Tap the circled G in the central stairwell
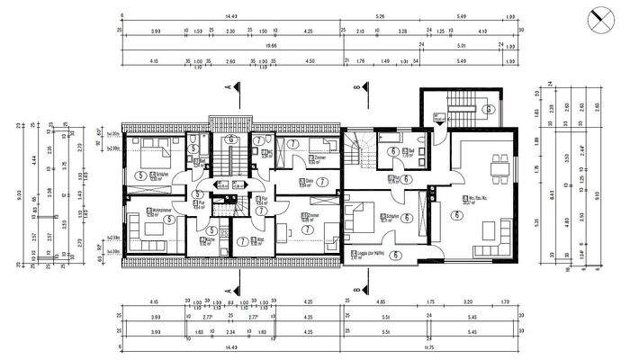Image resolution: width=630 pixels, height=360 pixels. pos(230,140)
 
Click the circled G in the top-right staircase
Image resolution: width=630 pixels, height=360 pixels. pos(487,110)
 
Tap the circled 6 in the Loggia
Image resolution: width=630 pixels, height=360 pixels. pos(396,256)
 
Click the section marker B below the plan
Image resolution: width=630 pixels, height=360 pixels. pos(357,290)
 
